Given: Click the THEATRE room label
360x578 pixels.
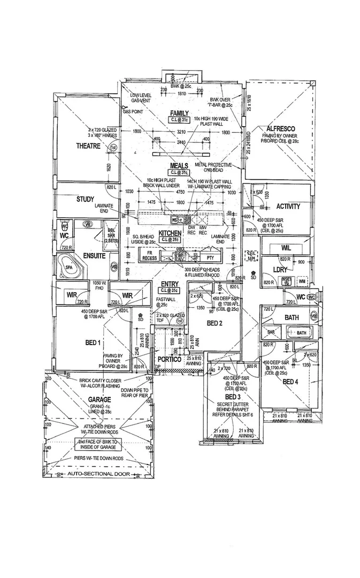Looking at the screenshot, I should tap(88, 145).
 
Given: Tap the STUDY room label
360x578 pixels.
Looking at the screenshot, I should tap(85, 200).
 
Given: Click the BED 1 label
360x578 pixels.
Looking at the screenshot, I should tap(92, 342).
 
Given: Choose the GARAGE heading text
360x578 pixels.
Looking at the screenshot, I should tap(99, 399).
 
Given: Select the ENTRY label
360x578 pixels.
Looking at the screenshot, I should tap(170, 283).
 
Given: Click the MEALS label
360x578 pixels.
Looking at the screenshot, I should tap(179, 166).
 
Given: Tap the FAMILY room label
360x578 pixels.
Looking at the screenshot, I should tap(179, 113).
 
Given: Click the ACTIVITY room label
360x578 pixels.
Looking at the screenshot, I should tap(288, 206).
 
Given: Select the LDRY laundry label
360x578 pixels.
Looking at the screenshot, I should tap(281, 270).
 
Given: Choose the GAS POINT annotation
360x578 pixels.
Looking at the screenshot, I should tap(133, 112).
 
